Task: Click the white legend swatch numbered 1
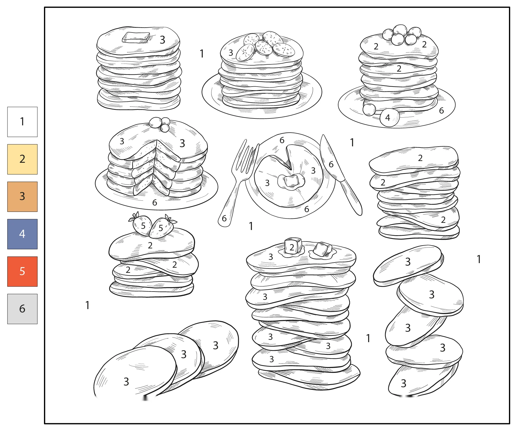pyautogui.click(x=22, y=122)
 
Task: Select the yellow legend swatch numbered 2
pyautogui.click(x=22, y=159)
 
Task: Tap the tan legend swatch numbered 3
pyautogui.click(x=22, y=197)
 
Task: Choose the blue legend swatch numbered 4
pyautogui.click(x=22, y=234)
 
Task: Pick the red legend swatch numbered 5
pyautogui.click(x=22, y=271)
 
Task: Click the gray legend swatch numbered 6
pyautogui.click(x=22, y=309)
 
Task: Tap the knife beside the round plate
pyautogui.click(x=341, y=175)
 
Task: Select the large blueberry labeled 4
pyautogui.click(x=389, y=117)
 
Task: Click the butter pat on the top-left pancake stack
pyautogui.click(x=136, y=37)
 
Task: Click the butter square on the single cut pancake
pyautogui.click(x=291, y=181)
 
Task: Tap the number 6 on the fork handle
pyautogui.click(x=224, y=219)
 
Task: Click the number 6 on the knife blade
pyautogui.click(x=331, y=164)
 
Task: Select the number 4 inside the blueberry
pyautogui.click(x=387, y=118)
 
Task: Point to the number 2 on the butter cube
pyautogui.click(x=292, y=247)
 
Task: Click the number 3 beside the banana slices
pyautogui.click(x=231, y=53)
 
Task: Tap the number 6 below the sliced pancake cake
pyautogui.click(x=155, y=203)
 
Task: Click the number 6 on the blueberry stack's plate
pyautogui.click(x=441, y=110)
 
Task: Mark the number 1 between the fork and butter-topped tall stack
pyautogui.click(x=251, y=226)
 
